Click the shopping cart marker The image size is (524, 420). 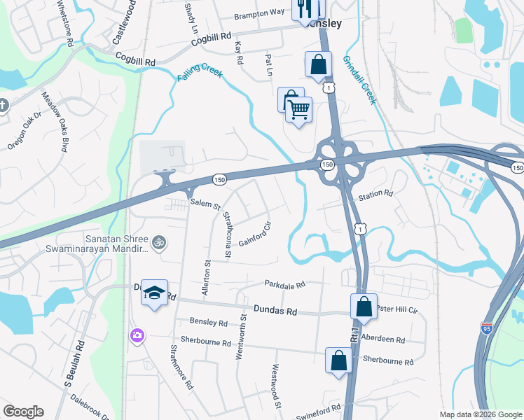click(x=299, y=110)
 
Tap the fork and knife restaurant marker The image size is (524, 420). click(x=301, y=8)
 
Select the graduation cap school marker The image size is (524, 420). click(x=154, y=293)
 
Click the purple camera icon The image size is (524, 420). click(x=137, y=336)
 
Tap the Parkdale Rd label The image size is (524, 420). click(x=285, y=285)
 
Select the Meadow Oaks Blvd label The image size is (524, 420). click(x=59, y=122)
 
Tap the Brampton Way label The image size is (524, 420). click(x=259, y=14)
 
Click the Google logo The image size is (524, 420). click(x=23, y=412)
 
